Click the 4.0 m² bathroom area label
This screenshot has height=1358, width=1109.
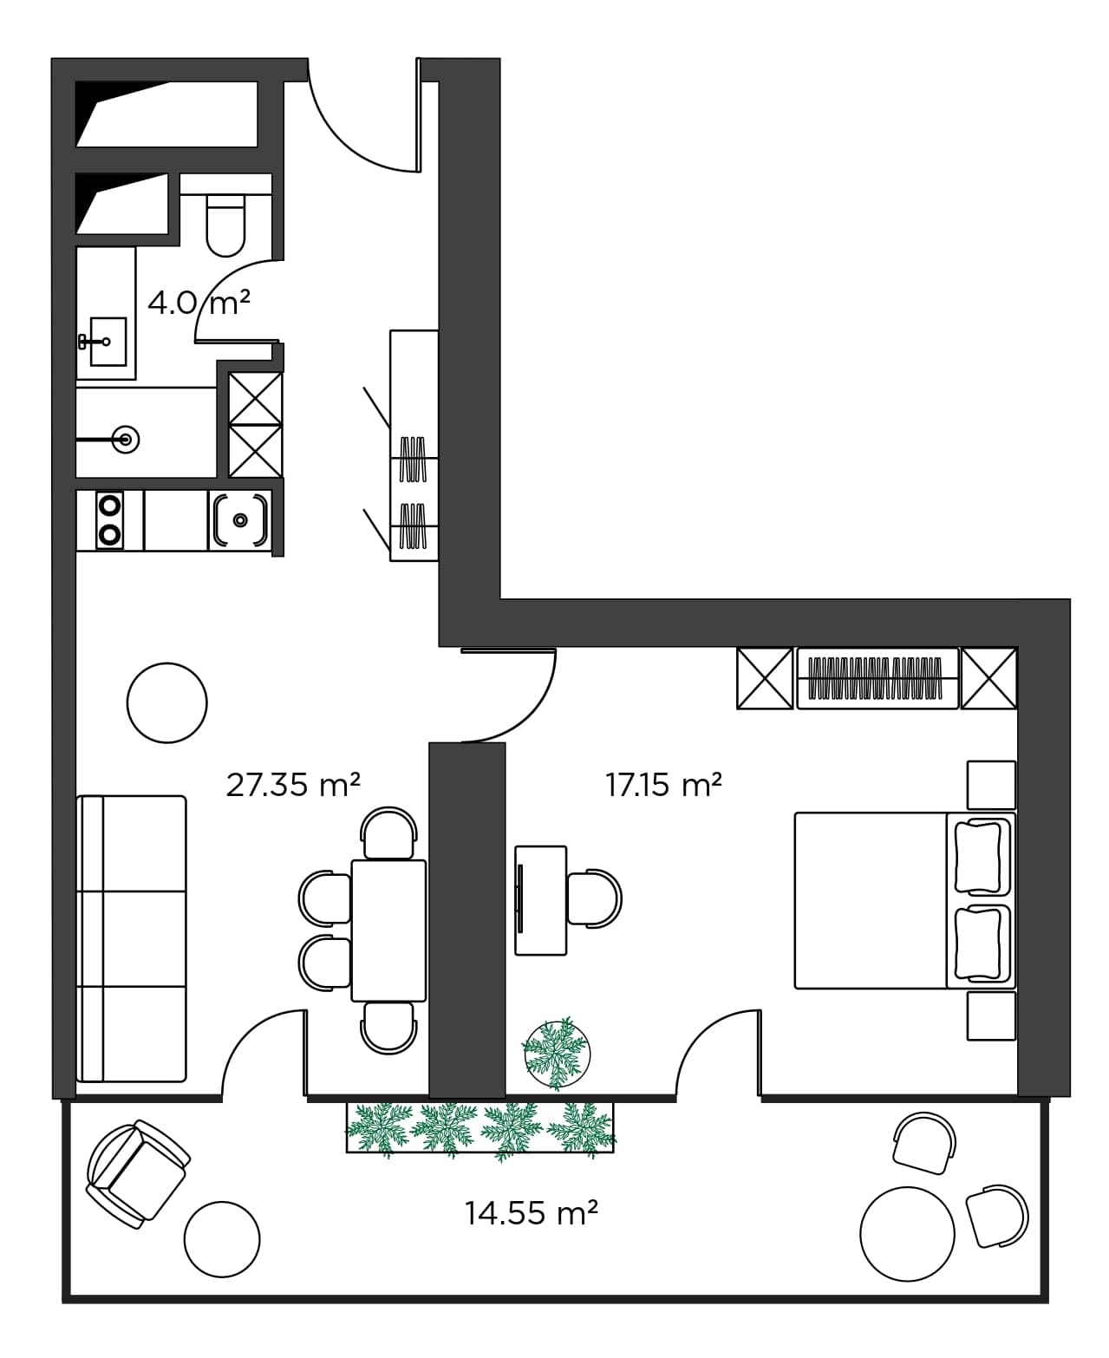199,304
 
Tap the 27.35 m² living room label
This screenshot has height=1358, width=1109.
292,785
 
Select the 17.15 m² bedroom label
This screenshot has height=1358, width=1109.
663,785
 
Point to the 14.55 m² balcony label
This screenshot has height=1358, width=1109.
531,1212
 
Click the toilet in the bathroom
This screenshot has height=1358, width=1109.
225,224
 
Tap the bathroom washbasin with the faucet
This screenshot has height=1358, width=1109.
108,342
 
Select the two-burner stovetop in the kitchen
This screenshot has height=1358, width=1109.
109,519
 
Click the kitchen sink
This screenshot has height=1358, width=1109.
240,520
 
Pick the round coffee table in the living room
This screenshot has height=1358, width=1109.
166,702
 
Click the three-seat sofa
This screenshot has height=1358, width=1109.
132,938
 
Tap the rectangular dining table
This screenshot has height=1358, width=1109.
388,930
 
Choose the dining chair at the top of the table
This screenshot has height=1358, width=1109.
388,833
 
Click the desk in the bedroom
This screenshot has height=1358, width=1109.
540,900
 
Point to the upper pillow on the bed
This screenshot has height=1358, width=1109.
980,857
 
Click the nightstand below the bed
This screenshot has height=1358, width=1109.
992,1015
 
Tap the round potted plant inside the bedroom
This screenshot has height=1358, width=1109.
558,1053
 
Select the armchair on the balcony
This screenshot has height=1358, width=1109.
136,1174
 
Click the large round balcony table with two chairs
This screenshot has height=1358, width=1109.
907,1232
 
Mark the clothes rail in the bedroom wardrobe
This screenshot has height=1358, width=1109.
876,678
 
